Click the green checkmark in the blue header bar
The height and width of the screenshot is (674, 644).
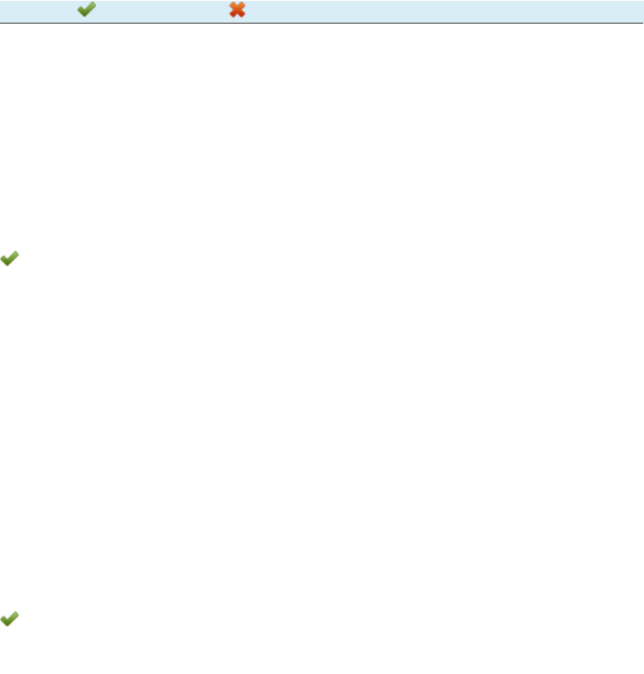pos(87,11)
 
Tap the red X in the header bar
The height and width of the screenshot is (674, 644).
pos(238,11)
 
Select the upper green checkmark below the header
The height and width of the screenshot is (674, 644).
pos(9,259)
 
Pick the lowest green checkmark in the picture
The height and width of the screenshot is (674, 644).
pos(9,619)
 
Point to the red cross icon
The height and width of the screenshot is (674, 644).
pos(238,11)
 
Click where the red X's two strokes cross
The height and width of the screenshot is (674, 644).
pos(238,11)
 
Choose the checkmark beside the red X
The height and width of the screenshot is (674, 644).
pos(87,11)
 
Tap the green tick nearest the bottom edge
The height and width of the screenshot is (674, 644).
pos(9,619)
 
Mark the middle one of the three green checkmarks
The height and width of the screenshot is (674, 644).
pos(9,259)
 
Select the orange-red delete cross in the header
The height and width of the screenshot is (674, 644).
pos(238,11)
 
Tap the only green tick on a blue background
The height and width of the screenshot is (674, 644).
pos(87,11)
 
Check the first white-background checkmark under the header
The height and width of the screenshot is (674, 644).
pos(9,259)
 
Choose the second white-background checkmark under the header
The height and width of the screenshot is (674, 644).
pos(9,619)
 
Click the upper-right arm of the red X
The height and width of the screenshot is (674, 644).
pos(243,5)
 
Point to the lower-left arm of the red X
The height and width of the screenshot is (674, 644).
pos(232,16)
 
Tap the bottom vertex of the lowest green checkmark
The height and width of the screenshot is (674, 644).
pos(7,625)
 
